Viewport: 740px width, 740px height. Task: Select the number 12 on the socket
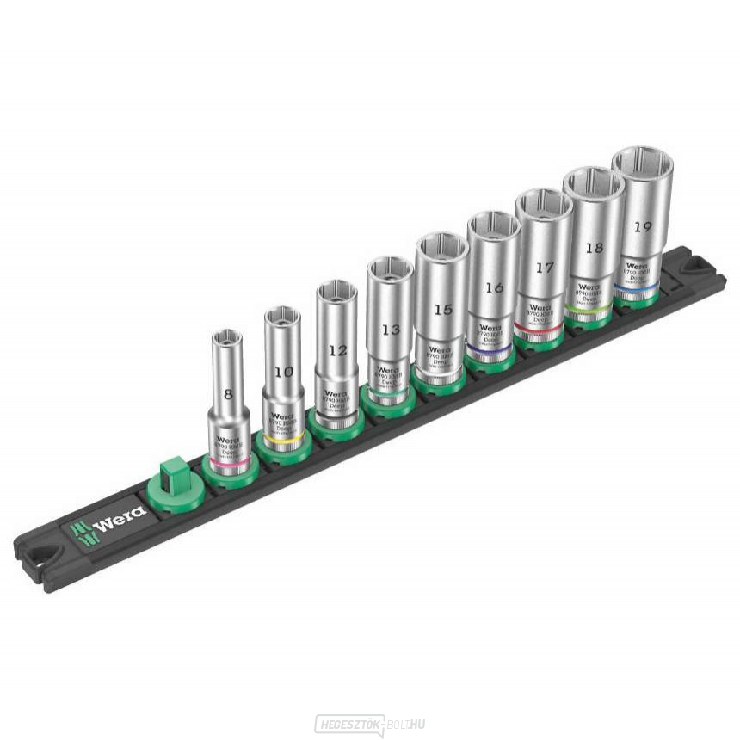(x=337, y=349)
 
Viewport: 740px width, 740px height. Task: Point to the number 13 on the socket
(x=391, y=329)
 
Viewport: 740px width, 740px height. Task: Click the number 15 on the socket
(x=442, y=308)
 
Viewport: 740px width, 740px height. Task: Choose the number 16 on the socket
(x=494, y=287)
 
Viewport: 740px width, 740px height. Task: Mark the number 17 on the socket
(x=544, y=268)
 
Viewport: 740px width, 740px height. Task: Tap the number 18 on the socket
(x=593, y=247)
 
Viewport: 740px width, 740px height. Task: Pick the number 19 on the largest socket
(x=642, y=227)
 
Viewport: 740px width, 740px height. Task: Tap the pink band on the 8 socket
(x=229, y=459)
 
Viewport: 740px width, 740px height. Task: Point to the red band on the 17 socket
(x=541, y=328)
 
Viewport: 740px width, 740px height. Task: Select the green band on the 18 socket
(x=589, y=307)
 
